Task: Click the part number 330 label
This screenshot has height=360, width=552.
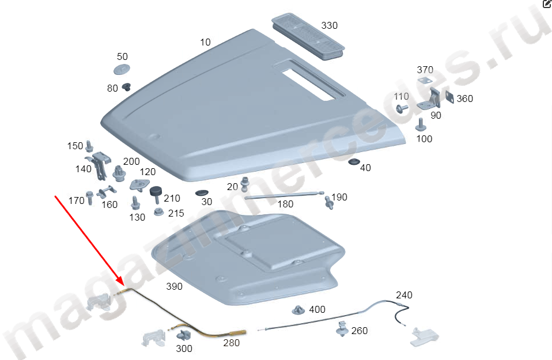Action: pos(329,26)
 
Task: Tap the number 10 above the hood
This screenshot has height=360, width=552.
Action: pos(205,42)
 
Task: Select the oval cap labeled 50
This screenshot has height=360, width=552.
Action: pos(122,69)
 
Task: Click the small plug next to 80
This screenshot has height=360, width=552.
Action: pos(126,86)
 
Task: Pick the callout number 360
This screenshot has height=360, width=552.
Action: pos(464,98)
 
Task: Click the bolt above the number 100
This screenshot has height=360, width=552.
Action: pos(421,124)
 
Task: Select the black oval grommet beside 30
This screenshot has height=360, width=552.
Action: pos(202,193)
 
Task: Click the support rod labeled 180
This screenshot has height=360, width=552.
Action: pos(284,195)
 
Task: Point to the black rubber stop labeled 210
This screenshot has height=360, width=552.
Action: pos(156,195)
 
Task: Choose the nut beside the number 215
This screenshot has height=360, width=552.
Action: pos(159,212)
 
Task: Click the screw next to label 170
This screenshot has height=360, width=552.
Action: pos(89,198)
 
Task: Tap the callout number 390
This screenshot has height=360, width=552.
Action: pos(174,286)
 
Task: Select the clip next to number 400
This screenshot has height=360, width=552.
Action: pos(298,310)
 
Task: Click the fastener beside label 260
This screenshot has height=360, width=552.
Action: pos(342,328)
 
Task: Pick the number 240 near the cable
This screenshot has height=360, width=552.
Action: pos(404,295)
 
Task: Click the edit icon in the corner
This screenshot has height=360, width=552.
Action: pos(547,3)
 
